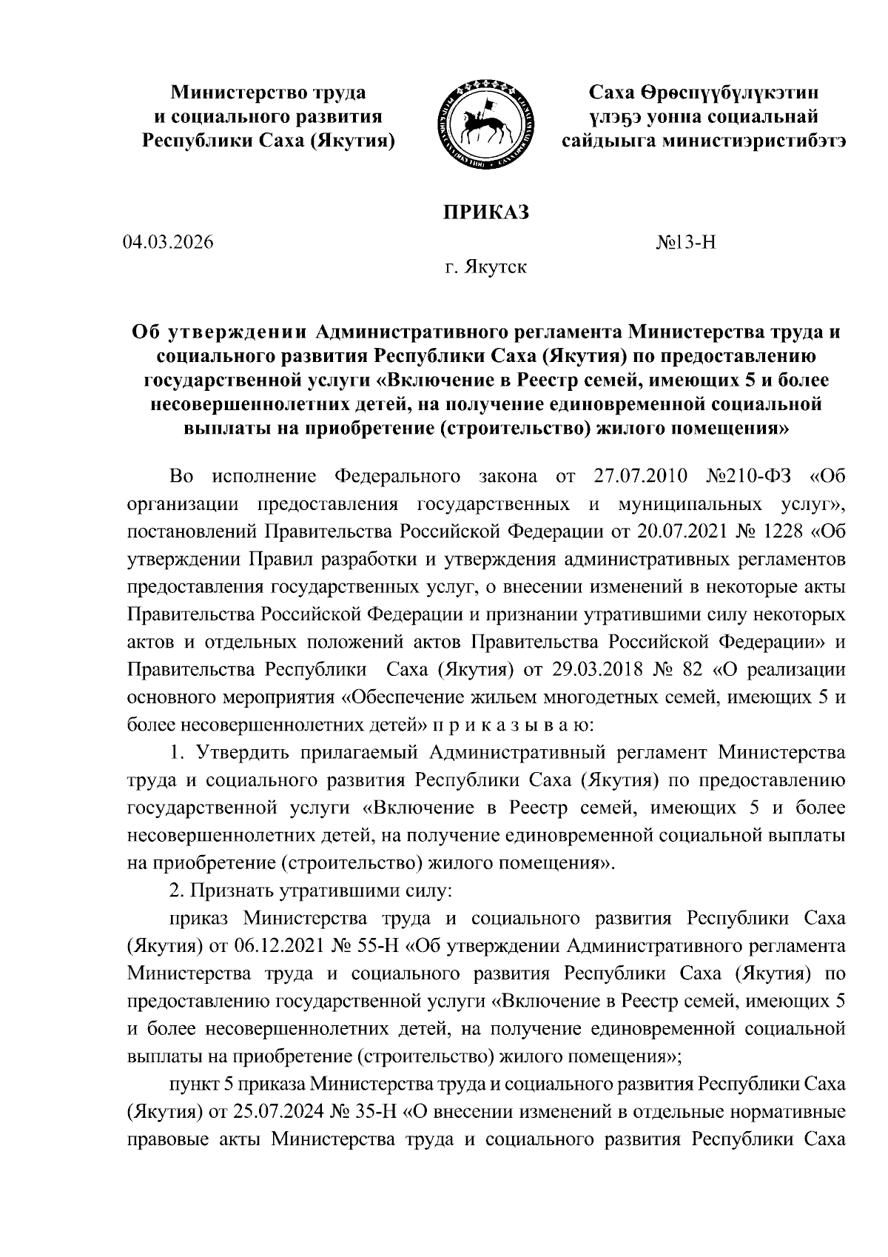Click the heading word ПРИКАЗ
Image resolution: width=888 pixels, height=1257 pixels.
coord(486,212)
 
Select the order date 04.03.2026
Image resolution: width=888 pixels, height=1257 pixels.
coord(169,242)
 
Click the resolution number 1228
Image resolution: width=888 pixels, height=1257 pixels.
coord(780,531)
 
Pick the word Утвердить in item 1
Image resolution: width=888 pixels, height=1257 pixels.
coord(238,753)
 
